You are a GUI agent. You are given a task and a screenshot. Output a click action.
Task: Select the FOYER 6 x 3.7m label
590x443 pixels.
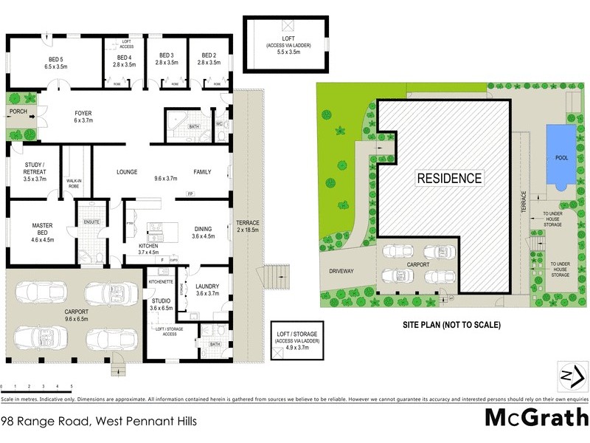click(83, 117)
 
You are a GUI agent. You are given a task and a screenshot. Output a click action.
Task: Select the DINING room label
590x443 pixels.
click(203, 233)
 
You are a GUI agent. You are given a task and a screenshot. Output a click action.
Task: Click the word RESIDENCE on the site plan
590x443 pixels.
click(449, 178)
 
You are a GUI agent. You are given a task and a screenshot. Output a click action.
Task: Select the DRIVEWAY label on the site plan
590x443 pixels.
click(341, 271)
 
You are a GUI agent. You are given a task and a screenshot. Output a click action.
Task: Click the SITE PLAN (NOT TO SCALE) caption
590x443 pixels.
click(452, 324)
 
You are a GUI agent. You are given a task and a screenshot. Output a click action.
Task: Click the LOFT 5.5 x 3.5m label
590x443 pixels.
click(288, 44)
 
